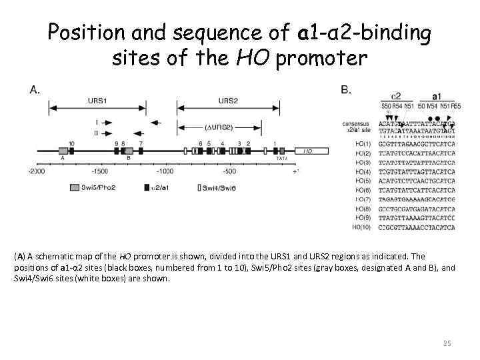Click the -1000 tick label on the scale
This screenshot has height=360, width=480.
[165, 171]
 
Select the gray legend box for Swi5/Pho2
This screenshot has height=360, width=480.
[75, 187]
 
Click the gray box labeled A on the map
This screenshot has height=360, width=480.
[63, 151]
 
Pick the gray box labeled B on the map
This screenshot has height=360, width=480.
[129, 151]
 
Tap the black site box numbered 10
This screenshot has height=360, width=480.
[71, 151]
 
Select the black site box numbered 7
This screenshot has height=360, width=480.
[141, 151]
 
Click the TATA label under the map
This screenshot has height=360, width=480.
[282, 159]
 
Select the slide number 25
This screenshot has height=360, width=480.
[447, 343]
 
